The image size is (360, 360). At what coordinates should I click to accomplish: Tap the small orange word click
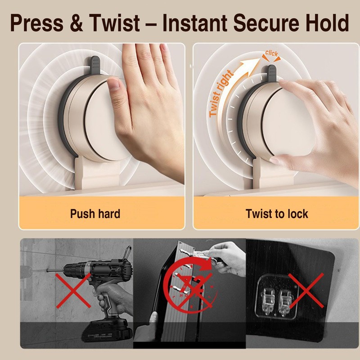tap(272, 54)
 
